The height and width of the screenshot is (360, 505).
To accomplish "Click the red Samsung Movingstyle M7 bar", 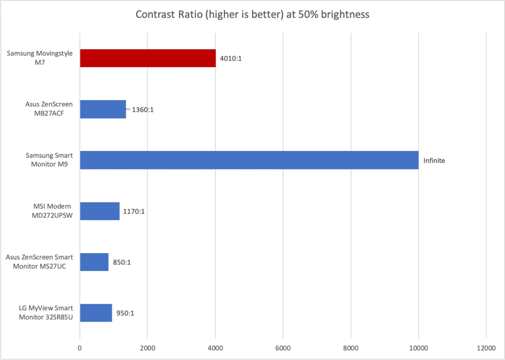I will (x=148, y=58).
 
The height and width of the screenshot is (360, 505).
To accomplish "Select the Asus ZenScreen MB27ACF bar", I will (x=103, y=109).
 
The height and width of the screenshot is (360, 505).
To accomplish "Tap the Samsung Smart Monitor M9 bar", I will (x=249, y=160).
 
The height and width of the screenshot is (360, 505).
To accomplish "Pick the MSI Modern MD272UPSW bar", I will (x=100, y=211).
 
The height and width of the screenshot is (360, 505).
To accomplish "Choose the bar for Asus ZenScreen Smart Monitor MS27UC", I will (x=94, y=262).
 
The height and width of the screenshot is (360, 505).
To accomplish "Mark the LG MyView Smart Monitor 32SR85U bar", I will (x=96, y=312).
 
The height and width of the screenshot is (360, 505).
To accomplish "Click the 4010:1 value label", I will (x=231, y=58).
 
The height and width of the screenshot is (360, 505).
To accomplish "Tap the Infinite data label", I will (x=434, y=160).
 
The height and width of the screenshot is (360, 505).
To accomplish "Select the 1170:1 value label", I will (x=134, y=211).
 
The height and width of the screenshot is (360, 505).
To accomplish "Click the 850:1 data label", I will (x=122, y=262).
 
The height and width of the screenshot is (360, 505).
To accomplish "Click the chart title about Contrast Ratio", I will (x=252, y=15).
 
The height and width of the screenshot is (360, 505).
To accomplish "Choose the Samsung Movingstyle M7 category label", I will (x=40, y=58).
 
